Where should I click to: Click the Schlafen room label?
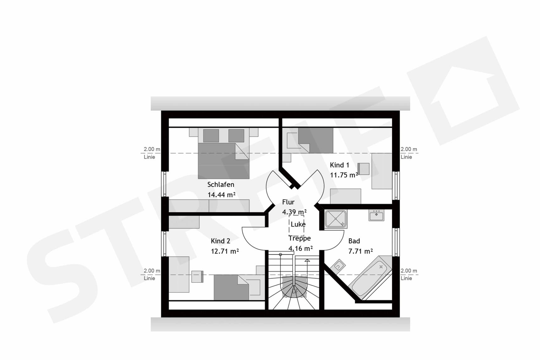tap(221, 185)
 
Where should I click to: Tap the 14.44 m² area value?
tap(221, 195)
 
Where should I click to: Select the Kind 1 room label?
tap(339, 165)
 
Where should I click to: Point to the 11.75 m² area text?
tap(344, 175)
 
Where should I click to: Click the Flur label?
tap(288, 202)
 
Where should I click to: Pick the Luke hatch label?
tap(298, 224)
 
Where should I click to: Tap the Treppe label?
tap(300, 239)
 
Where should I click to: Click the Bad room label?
tap(354, 241)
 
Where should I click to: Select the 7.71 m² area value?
tap(360, 251)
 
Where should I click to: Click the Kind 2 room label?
tap(220, 241)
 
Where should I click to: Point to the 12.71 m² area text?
tap(225, 251)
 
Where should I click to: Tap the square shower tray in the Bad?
tap(336, 219)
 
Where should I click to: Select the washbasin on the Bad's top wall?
tap(376, 215)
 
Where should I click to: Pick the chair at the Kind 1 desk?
tap(364, 169)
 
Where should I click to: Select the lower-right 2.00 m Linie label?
tap(408, 274)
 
